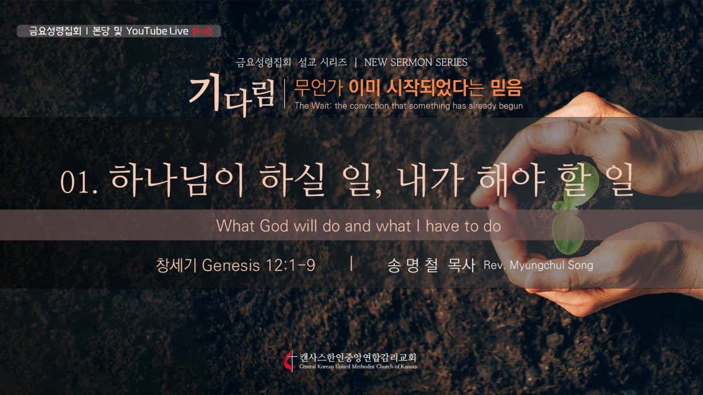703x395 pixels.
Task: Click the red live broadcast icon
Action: [x=202, y=31]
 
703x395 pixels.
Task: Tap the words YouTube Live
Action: [x=157, y=31]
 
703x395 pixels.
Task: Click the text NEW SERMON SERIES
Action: [x=416, y=63]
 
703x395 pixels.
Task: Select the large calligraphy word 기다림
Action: [x=231, y=94]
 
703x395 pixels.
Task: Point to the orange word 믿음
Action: [x=507, y=87]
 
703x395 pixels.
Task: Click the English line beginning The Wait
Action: [x=409, y=106]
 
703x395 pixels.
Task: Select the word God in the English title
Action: [x=274, y=226]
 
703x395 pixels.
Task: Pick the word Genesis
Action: [x=231, y=266]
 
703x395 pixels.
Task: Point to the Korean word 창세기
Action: [x=176, y=266]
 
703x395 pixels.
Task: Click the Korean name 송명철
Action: [x=412, y=266]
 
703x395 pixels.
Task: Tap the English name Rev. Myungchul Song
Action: [x=538, y=265]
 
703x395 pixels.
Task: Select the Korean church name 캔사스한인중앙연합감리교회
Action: [x=358, y=358]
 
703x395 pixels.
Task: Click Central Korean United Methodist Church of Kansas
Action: [x=358, y=366]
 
